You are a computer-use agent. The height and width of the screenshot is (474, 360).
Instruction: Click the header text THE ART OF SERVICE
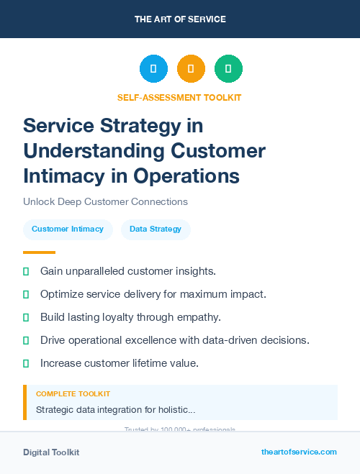[x=180, y=19]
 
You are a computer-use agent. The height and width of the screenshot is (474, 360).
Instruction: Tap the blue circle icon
[x=153, y=69]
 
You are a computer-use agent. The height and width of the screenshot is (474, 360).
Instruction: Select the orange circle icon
[x=191, y=69]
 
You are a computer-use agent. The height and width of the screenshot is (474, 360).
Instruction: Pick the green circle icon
[x=228, y=69]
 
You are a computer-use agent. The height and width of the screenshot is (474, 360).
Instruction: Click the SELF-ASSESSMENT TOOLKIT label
[x=179, y=97]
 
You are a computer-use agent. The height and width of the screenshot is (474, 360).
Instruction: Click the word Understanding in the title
[x=94, y=151]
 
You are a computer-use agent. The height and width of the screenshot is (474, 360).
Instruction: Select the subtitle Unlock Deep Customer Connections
[x=105, y=201]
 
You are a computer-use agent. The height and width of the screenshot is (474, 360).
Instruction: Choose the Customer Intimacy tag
[x=68, y=229]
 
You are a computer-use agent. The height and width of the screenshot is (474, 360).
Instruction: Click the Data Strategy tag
[x=156, y=229]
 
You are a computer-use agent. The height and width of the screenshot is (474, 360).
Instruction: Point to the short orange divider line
[x=39, y=252]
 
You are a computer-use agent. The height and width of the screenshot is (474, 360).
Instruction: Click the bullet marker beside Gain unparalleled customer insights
[x=26, y=271]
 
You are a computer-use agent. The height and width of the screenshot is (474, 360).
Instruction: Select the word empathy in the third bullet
[x=197, y=317]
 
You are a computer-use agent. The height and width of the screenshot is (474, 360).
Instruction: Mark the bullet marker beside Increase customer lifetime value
[x=26, y=363]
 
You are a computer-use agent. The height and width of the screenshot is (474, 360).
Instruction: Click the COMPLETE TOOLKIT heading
[x=73, y=394]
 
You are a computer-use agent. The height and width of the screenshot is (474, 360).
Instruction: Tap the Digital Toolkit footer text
[x=51, y=452]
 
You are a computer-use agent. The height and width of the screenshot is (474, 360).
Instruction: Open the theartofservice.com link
[x=299, y=452]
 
